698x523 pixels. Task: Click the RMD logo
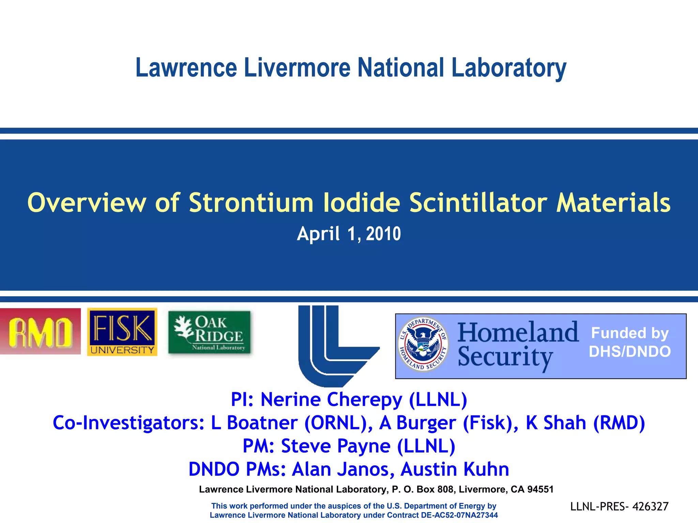(x=40, y=331)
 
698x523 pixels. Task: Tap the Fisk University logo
(x=122, y=332)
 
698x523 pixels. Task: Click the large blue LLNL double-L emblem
(x=336, y=346)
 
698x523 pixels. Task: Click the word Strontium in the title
(x=251, y=203)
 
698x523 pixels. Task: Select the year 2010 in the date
(x=383, y=234)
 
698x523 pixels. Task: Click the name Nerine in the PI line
(x=290, y=399)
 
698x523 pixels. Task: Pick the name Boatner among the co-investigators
(x=262, y=423)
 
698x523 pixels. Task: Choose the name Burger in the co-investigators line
(x=426, y=423)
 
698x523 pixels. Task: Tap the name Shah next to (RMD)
(x=564, y=423)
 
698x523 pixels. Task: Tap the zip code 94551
(x=540, y=489)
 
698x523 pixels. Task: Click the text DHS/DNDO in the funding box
(x=629, y=351)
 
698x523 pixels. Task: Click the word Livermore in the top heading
(x=297, y=67)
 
